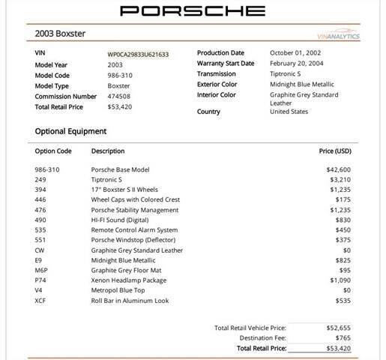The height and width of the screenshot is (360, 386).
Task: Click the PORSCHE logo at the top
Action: tap(193, 10)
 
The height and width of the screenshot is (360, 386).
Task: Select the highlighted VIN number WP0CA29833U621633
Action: tap(137, 54)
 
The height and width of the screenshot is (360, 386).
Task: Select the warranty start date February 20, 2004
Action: tap(295, 64)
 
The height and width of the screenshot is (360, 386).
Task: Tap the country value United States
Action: tap(289, 112)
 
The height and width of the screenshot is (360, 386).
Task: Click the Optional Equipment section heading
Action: tap(70, 131)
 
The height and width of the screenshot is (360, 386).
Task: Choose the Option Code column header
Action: tap(53, 151)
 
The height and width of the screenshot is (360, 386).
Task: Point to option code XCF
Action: tap(41, 301)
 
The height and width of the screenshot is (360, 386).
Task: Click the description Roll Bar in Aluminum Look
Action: tap(130, 301)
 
